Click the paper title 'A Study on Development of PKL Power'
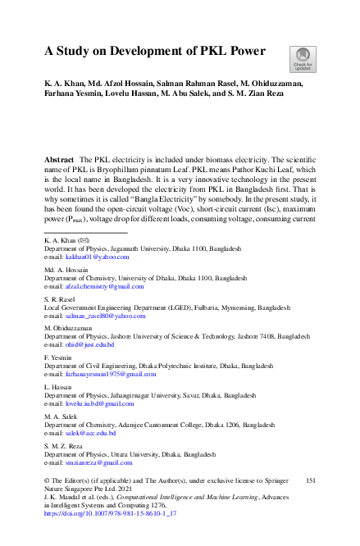(x=154, y=52)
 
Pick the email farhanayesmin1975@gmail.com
(x=101, y=374)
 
